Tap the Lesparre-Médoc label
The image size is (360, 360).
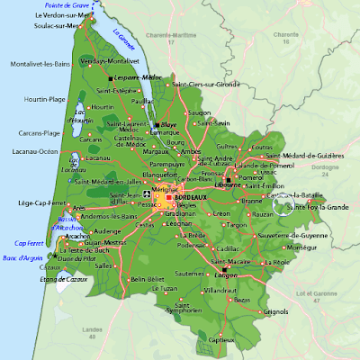139,77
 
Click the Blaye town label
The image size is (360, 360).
167,124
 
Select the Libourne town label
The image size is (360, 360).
229,171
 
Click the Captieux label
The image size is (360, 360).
221,339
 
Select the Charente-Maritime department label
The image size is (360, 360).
170,36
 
